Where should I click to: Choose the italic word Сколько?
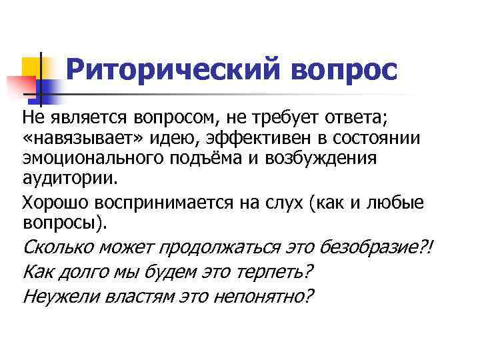click(58, 248)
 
